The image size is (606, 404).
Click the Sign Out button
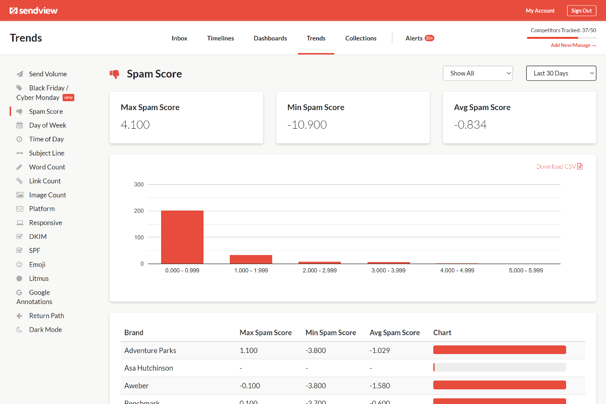(581, 11)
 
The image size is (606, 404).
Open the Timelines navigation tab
(220, 38)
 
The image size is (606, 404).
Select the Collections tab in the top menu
(361, 38)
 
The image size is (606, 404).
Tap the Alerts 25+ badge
(429, 38)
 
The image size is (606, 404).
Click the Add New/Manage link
(573, 45)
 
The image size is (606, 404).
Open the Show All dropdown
(478, 73)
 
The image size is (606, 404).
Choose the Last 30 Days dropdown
(561, 73)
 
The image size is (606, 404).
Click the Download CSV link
(559, 167)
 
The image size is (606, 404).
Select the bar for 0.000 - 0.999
(182, 237)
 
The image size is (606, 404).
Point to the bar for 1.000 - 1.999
(251, 259)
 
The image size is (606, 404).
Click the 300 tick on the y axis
(139, 185)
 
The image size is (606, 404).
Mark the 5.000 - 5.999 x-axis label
(526, 271)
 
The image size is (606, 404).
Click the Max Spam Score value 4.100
(135, 125)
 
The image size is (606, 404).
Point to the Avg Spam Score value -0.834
(470, 125)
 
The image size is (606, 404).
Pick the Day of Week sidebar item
(47, 125)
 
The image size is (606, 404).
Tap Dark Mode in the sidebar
(45, 330)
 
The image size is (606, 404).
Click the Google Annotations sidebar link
(34, 297)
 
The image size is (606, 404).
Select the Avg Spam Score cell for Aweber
(380, 386)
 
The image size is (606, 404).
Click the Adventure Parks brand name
(150, 350)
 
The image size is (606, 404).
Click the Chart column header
(442, 333)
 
